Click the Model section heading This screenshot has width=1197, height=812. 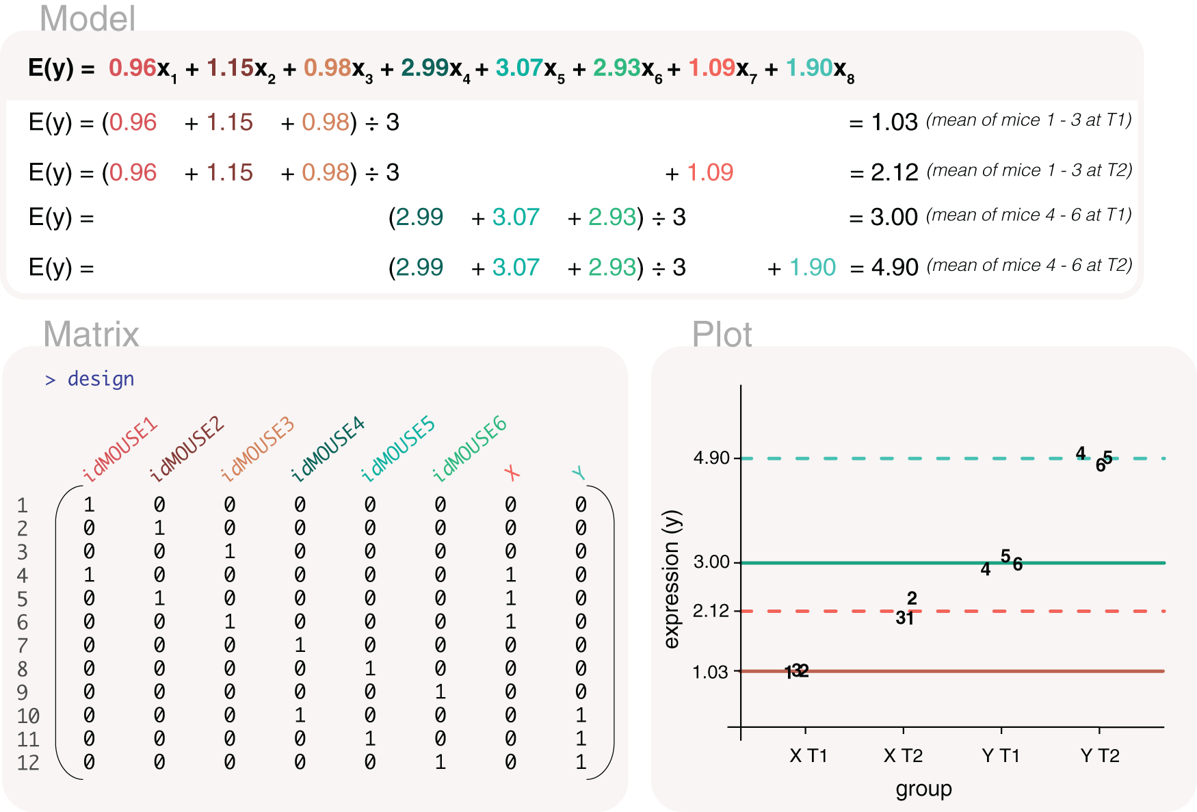click(x=88, y=18)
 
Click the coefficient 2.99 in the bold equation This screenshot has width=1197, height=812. click(x=424, y=68)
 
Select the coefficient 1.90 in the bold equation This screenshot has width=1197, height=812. click(x=808, y=68)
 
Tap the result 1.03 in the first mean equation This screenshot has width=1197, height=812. click(x=894, y=122)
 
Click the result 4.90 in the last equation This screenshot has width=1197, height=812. click(x=894, y=267)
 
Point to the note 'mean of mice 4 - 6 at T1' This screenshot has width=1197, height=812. click(x=1029, y=215)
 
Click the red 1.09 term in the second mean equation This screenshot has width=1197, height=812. click(x=710, y=172)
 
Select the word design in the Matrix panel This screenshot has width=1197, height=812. click(x=101, y=379)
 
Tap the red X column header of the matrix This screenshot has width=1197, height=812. click(x=512, y=473)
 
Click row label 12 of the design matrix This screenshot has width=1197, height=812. click(x=28, y=763)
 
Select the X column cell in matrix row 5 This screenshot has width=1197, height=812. click(x=510, y=599)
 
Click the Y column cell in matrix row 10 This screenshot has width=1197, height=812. click(x=581, y=716)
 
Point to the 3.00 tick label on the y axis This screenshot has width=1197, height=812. click(x=711, y=562)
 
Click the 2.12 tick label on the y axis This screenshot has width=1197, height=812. click(x=711, y=611)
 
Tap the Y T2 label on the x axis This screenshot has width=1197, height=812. click(x=1099, y=756)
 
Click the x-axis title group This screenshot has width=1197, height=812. click(x=923, y=789)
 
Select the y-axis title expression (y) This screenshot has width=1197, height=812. click(x=672, y=579)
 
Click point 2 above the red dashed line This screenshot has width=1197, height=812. click(x=912, y=598)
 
